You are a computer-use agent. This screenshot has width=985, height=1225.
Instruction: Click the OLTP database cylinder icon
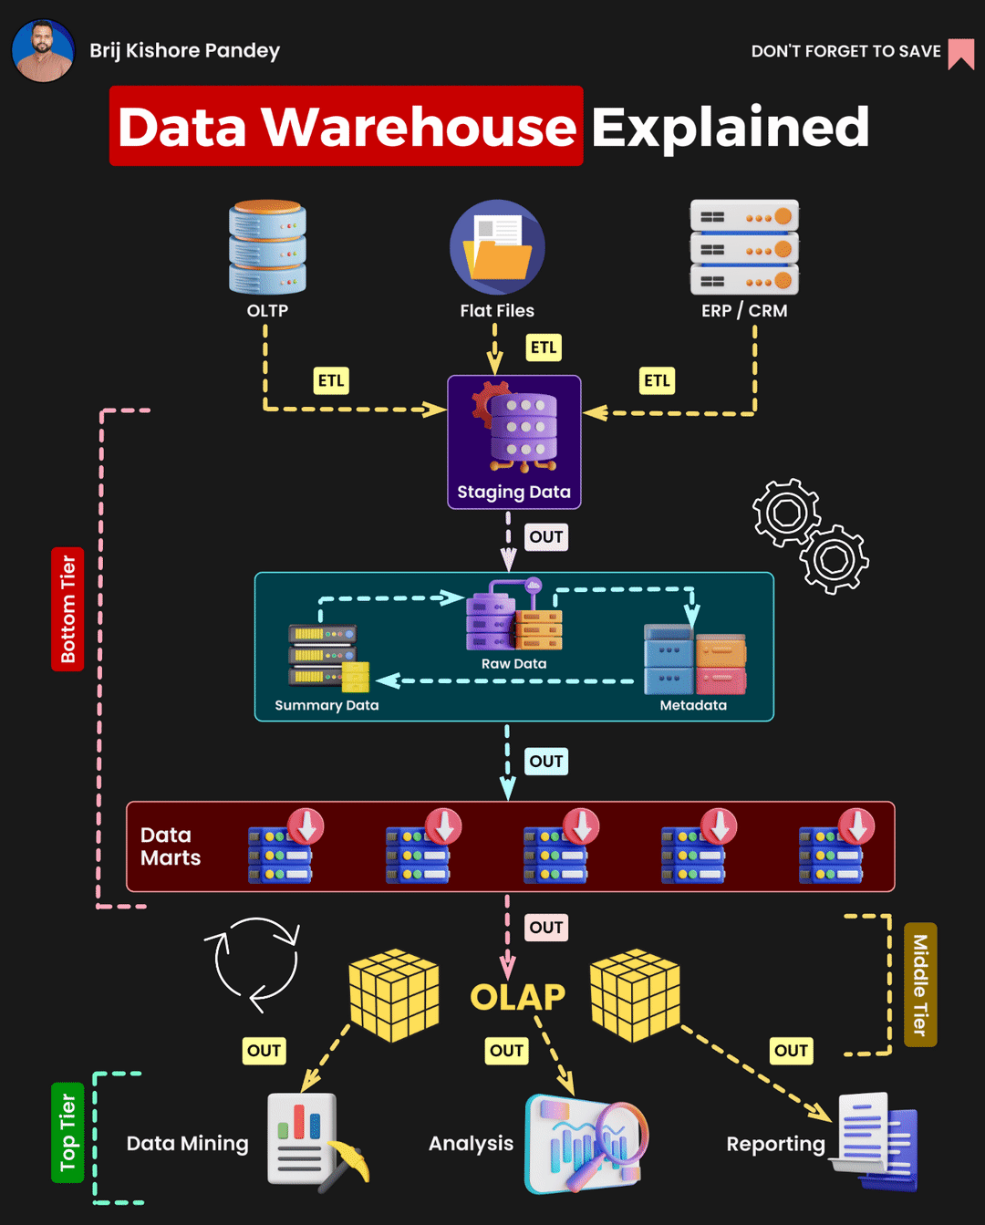click(267, 246)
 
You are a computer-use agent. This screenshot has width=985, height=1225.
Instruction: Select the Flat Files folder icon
click(497, 248)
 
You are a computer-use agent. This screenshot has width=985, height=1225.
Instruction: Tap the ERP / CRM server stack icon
click(744, 247)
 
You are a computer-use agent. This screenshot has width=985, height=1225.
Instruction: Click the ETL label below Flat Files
click(544, 348)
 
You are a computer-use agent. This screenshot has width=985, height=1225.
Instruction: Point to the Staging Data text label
click(513, 493)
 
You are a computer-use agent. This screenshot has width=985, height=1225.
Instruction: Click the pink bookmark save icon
click(960, 53)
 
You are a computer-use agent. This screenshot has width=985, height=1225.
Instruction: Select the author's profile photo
click(43, 51)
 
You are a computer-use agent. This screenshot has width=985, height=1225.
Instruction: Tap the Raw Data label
click(513, 664)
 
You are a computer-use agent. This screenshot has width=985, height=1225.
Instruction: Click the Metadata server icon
click(694, 659)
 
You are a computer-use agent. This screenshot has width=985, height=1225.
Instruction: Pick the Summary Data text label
click(327, 705)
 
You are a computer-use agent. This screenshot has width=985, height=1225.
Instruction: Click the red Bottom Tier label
click(67, 609)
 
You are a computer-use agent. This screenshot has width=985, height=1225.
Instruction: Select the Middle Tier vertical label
click(920, 985)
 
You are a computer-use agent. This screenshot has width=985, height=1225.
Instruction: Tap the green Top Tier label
click(67, 1132)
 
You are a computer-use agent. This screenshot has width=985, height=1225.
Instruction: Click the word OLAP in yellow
click(517, 997)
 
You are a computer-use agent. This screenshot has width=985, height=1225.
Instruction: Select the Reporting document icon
click(876, 1140)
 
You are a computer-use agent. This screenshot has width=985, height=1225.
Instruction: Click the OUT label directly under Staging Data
click(546, 537)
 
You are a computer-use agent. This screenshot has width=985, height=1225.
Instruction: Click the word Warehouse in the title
click(420, 127)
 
